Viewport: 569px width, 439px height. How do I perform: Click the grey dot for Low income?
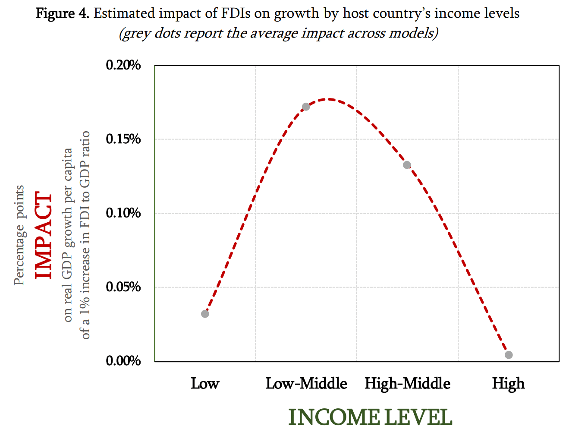(205, 314)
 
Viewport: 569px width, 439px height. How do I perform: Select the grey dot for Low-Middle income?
(306, 107)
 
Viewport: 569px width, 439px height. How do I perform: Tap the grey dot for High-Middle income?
(407, 165)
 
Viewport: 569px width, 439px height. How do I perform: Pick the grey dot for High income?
(509, 355)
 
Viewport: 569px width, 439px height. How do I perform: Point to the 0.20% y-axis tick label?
(123, 65)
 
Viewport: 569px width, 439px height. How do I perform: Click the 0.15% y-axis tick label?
(123, 139)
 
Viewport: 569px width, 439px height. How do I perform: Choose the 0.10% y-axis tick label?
(123, 213)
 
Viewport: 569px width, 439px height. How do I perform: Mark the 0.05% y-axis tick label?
(123, 287)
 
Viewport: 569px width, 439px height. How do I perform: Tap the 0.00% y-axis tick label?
(123, 361)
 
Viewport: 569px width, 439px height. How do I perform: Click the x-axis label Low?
(205, 384)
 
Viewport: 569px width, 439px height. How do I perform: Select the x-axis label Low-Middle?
(306, 384)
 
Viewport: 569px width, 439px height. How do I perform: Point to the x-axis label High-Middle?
(407, 384)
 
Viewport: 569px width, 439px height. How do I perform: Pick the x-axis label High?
(508, 384)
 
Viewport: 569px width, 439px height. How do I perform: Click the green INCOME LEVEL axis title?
(370, 418)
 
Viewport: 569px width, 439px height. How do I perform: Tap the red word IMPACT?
(44, 236)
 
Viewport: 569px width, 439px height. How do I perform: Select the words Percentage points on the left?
(19, 236)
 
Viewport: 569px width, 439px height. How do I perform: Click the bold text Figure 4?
(62, 14)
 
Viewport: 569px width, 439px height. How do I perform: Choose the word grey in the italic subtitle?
(137, 33)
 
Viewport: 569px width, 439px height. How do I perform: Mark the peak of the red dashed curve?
(329, 99)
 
